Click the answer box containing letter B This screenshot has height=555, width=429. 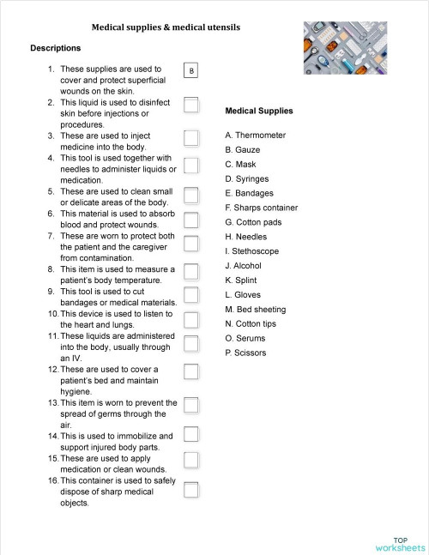tap(191, 70)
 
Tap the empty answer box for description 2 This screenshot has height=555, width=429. tap(191, 105)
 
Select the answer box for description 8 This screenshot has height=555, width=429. tap(191, 273)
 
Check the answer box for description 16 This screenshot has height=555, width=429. tap(191, 490)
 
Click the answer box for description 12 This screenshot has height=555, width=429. tap(191, 371)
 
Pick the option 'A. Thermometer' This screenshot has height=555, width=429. tap(256, 136)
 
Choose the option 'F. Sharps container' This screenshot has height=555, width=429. tap(261, 208)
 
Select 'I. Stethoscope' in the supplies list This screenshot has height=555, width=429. tap(251, 251)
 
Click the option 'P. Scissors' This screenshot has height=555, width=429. tap(245, 353)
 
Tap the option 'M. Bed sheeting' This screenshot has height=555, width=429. tap(256, 310)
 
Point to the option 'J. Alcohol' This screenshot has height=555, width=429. tap(243, 266)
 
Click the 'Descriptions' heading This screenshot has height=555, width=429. tap(55, 48)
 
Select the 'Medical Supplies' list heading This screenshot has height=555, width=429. tap(258, 111)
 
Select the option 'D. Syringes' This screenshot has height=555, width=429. tap(247, 178)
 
